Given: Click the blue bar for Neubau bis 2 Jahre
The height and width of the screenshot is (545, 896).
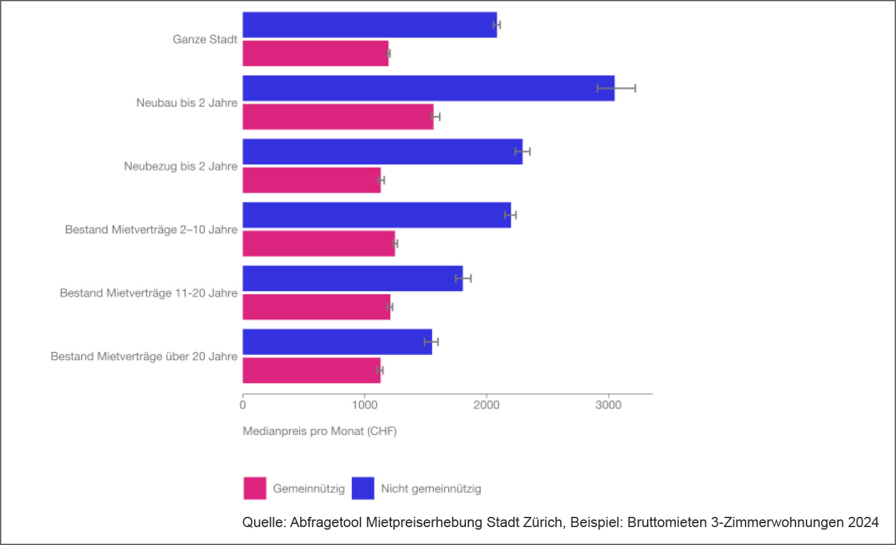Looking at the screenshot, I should pyautogui.click(x=428, y=88).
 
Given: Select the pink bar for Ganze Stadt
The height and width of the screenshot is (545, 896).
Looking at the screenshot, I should pyautogui.click(x=315, y=53).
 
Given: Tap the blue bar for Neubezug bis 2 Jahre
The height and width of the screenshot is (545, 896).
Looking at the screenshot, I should pyautogui.click(x=382, y=152).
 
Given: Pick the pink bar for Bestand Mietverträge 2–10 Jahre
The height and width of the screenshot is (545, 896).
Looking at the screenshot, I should pyautogui.click(x=318, y=244).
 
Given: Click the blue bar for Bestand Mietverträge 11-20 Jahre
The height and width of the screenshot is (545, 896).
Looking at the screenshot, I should pyautogui.click(x=352, y=278).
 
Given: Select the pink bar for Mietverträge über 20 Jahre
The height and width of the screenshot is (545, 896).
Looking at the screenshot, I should pyautogui.click(x=311, y=370).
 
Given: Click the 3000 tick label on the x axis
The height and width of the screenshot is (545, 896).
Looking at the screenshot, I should pyautogui.click(x=609, y=406).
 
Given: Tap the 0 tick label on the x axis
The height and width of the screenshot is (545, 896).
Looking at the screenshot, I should pyautogui.click(x=243, y=406).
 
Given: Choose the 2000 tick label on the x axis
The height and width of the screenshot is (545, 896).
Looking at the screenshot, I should pyautogui.click(x=486, y=406).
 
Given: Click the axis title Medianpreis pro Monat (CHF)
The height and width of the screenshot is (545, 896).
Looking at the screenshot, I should pyautogui.click(x=319, y=432).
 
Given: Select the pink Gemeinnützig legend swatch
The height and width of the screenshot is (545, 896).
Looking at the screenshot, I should pyautogui.click(x=255, y=489).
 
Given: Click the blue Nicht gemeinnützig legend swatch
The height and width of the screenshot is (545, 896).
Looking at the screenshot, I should pyautogui.click(x=363, y=489).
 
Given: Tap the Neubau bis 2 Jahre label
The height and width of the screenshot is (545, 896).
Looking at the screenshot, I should pyautogui.click(x=186, y=103).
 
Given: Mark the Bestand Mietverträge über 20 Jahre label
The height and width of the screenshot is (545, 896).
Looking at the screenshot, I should pyautogui.click(x=144, y=356).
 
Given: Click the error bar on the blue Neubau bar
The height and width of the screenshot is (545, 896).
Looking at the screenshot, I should pyautogui.click(x=616, y=88).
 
